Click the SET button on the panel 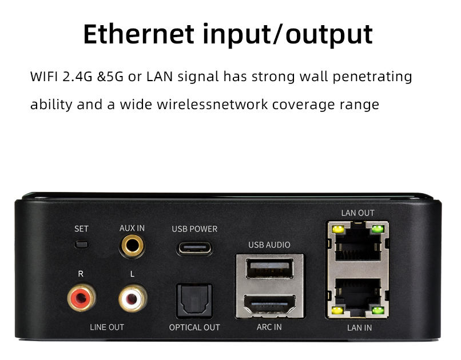[81, 245]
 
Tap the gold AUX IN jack [132, 246]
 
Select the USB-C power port [194, 249]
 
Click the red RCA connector [81, 298]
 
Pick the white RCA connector [133, 298]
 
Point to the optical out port [194, 301]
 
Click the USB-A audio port [269, 268]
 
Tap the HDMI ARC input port [269, 305]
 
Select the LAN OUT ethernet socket [358, 242]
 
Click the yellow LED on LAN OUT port [338, 229]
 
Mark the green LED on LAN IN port [378, 310]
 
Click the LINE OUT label [107, 327]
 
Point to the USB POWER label [194, 229]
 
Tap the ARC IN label [269, 327]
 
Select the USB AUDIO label [269, 245]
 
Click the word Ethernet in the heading [138, 34]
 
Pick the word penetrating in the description [372, 77]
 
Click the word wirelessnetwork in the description [212, 105]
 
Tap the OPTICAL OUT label [194, 327]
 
